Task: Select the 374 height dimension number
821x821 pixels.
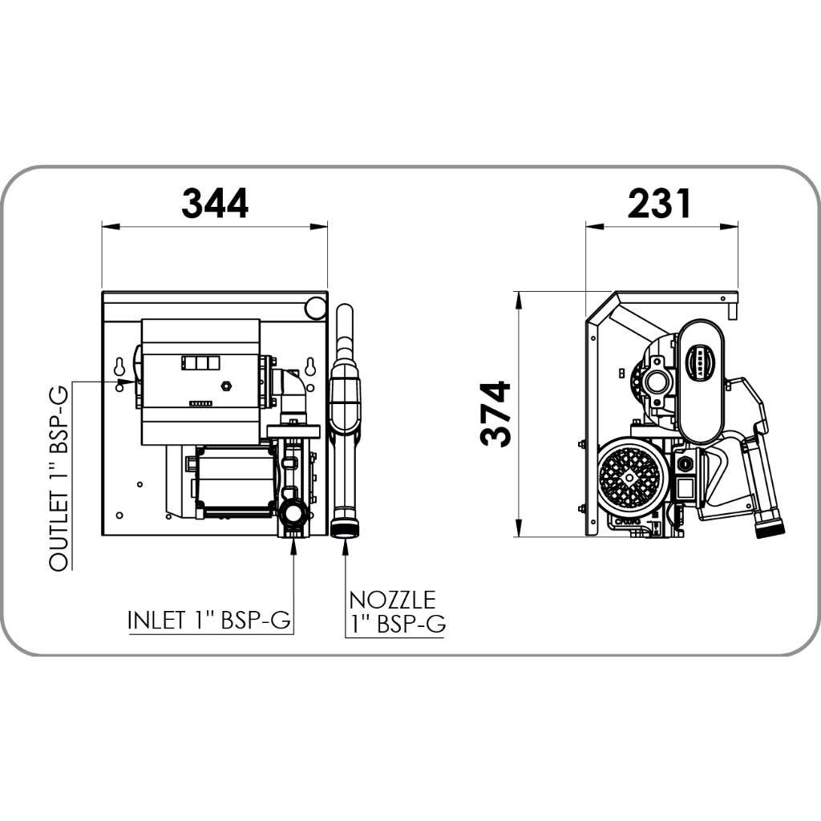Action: click(495, 414)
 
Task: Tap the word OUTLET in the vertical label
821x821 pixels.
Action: click(59, 532)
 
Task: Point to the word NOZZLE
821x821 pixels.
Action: click(392, 600)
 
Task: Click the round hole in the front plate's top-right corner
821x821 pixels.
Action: click(316, 308)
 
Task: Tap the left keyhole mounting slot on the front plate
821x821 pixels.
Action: click(119, 366)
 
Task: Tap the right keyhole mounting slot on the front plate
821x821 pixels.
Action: click(310, 366)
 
